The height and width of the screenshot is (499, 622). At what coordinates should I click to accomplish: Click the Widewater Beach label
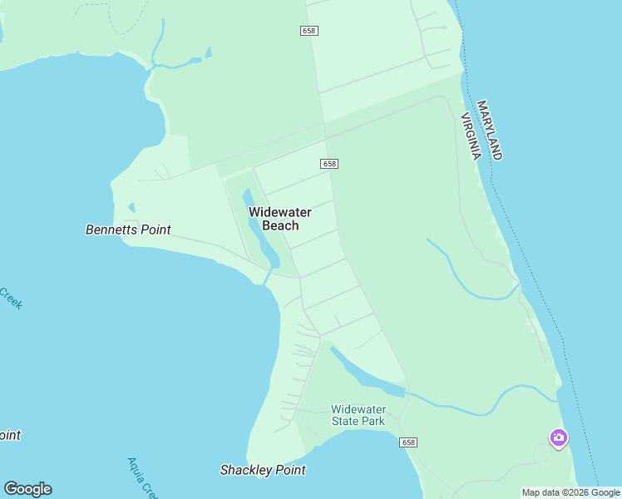point(280,219)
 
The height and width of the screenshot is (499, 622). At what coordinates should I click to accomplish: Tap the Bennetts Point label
point(128,230)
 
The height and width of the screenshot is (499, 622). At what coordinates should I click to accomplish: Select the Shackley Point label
point(263,470)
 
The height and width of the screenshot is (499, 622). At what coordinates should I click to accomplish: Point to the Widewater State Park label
point(358,415)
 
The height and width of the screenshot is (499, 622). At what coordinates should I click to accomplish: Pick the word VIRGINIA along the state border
point(470,135)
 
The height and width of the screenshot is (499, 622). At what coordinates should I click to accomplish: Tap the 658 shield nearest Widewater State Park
point(407,442)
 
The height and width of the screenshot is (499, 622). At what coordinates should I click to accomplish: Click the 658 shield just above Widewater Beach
point(329,164)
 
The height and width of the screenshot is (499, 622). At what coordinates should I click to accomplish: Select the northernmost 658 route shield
point(309,31)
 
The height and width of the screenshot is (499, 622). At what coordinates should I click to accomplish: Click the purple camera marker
point(559,437)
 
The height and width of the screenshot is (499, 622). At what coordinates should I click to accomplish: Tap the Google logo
point(27,489)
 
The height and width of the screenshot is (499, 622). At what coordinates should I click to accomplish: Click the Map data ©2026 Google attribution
point(570,492)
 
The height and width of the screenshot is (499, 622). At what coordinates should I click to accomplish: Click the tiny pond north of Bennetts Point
point(131,208)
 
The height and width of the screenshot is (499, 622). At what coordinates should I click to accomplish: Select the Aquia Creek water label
point(142,477)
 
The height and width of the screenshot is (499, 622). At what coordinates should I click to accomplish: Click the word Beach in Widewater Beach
point(280,225)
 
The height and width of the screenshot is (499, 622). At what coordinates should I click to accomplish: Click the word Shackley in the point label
point(246,470)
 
